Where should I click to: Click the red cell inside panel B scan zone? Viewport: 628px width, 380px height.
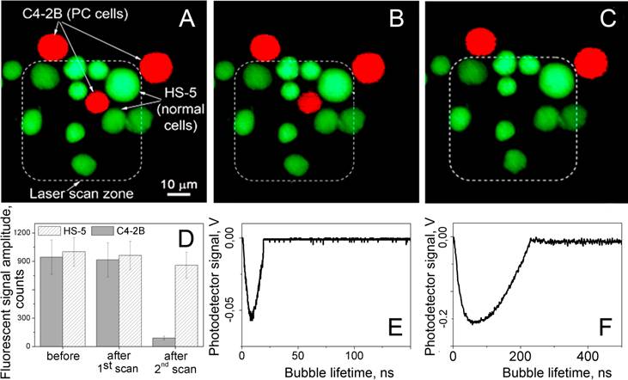click(x=309, y=102)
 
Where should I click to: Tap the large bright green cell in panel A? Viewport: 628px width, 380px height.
click(x=123, y=85)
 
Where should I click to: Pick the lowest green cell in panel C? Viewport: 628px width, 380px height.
click(x=515, y=160)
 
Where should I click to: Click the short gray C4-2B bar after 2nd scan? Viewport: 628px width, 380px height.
click(x=164, y=341)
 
